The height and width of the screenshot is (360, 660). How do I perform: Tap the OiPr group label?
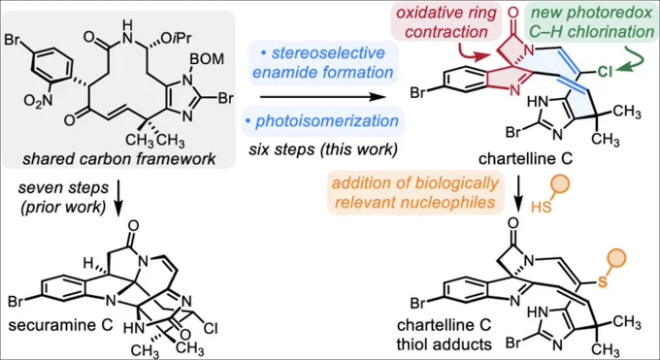tap(177, 37)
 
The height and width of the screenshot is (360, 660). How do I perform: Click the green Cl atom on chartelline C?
tap(605, 72)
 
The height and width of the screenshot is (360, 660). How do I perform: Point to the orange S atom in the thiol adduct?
tap(603, 281)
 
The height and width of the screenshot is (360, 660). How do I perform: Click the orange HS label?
tap(542, 207)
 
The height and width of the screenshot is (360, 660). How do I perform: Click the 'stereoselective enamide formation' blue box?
tap(322, 62)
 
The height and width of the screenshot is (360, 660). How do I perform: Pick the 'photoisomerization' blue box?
tap(323, 121)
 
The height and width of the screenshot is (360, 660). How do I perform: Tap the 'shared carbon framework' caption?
tap(119, 159)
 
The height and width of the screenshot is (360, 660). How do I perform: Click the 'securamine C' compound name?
tap(60, 325)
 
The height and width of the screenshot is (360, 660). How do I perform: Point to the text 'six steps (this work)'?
tap(323, 149)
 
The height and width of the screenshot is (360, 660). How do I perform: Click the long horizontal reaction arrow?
tap(322, 97)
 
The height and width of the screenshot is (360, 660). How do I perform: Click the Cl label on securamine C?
tap(210, 328)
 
